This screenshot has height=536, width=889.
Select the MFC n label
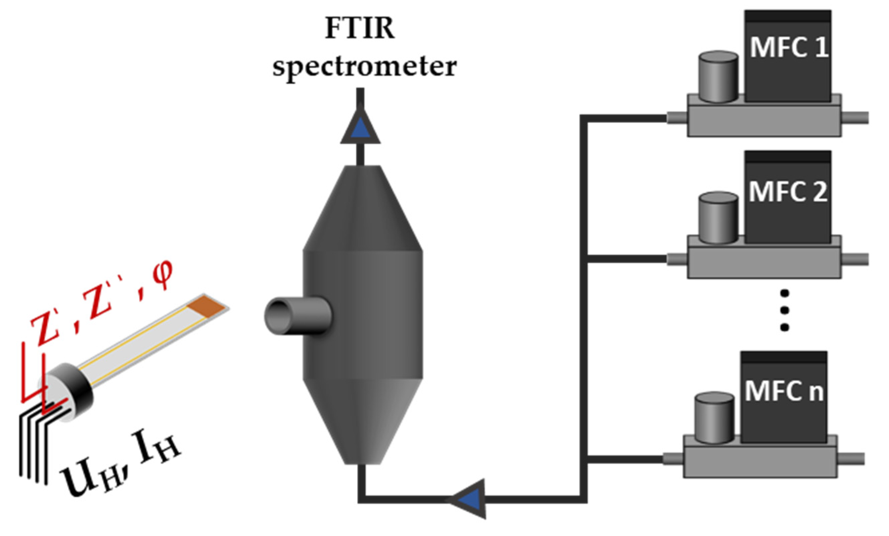coord(784,391)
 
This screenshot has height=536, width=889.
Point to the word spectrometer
coord(364,67)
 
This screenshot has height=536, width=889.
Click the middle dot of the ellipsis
coord(784,310)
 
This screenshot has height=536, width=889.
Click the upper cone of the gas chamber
coord(362,209)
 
